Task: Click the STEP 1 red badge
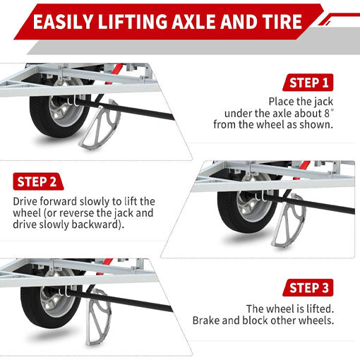[308, 83]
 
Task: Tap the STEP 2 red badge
[35, 181]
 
